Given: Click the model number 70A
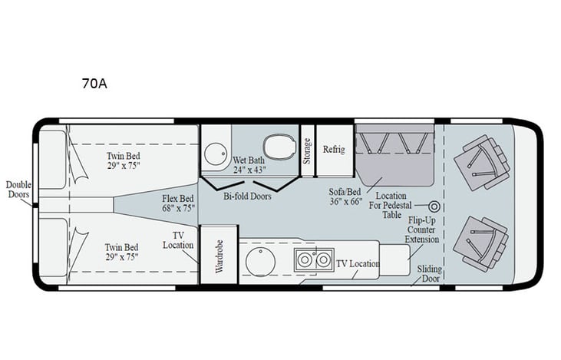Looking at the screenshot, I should tap(94, 84).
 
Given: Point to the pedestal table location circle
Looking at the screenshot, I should tap(434, 206).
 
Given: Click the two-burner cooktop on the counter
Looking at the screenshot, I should tap(312, 260).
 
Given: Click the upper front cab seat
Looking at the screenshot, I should tap(480, 160).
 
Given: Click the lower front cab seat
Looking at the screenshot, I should tap(480, 242).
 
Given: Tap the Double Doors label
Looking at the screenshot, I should tap(18, 190).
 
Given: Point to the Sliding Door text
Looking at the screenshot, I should tap(428, 274).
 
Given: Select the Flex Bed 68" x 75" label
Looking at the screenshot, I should tap(177, 203).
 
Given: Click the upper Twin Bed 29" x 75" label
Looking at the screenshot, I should tap(124, 160).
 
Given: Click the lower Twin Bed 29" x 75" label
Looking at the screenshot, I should tap(122, 253).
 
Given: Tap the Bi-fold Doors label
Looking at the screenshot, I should tap(246, 197).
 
